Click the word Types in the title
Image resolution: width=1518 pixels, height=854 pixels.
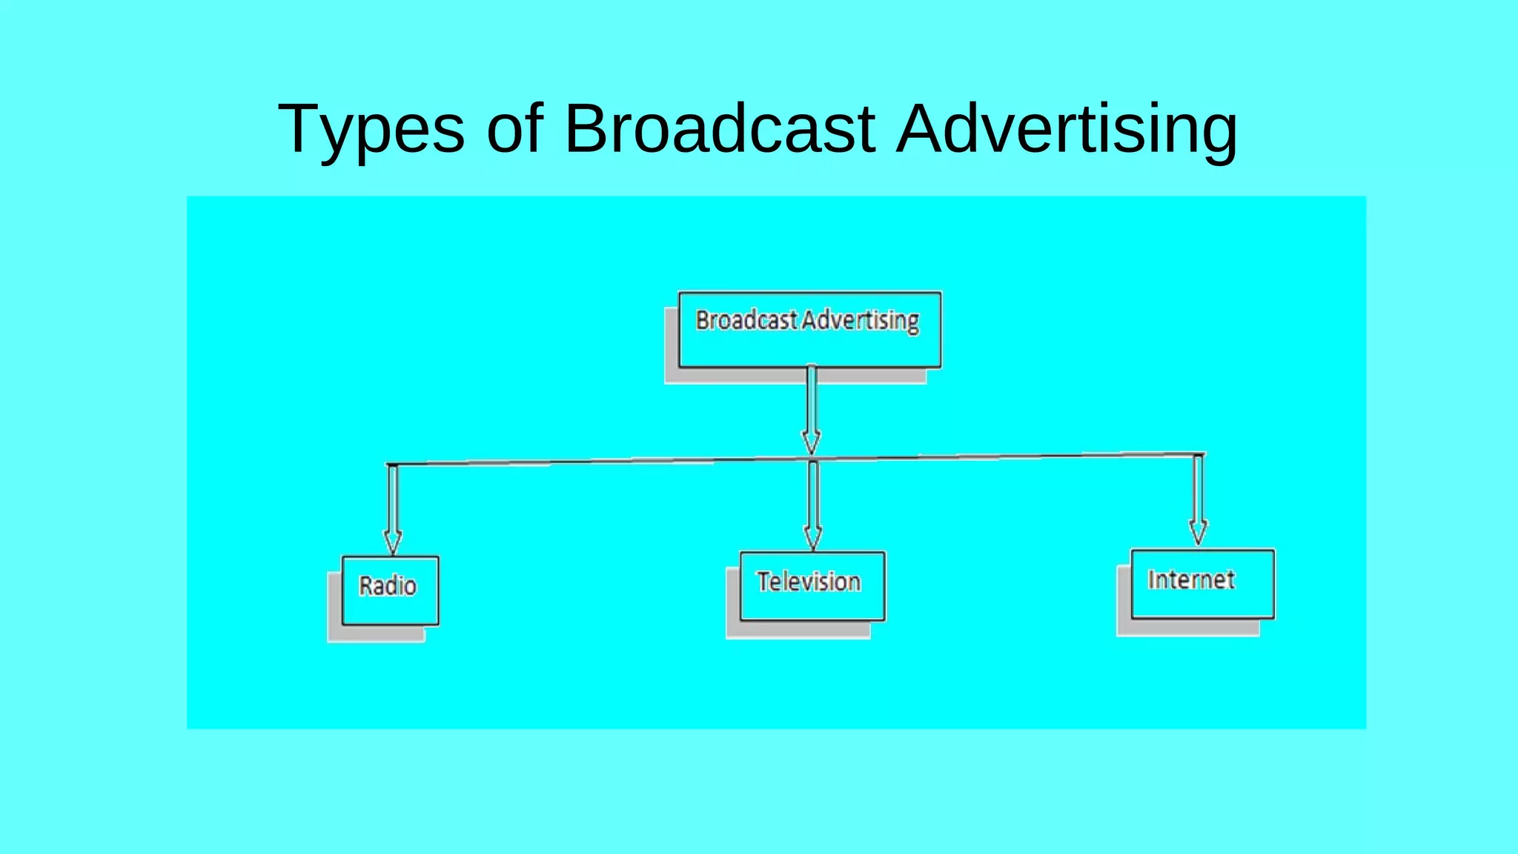[x=371, y=130]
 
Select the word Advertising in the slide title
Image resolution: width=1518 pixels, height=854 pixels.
[x=1067, y=130]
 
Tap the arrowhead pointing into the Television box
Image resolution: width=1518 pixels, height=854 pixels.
[x=813, y=538]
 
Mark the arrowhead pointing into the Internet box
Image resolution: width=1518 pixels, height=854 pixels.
[x=1198, y=532]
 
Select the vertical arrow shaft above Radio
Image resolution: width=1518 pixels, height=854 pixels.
[x=393, y=497]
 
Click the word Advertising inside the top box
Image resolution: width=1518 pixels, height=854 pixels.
[x=861, y=320]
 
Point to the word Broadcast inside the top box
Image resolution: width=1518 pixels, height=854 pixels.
[x=746, y=320]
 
